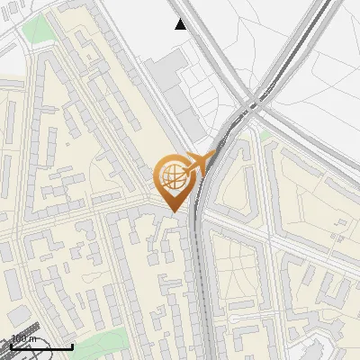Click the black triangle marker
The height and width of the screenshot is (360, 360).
181,24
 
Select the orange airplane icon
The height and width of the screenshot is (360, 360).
200,162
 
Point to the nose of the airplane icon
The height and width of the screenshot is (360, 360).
215,154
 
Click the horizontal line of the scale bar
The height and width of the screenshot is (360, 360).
41,346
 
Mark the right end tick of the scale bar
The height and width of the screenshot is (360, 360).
72,345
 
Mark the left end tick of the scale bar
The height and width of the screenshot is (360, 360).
11,345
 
